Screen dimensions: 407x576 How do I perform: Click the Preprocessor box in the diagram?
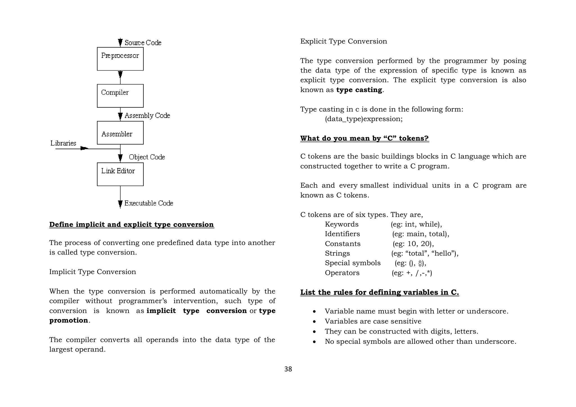(x=120, y=59)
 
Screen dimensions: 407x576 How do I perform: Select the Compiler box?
(x=120, y=96)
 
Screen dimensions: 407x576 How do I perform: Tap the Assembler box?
(x=120, y=133)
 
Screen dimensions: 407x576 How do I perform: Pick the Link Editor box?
(x=120, y=174)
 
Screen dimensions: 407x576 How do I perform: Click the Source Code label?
(x=143, y=43)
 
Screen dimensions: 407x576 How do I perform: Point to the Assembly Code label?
(x=147, y=116)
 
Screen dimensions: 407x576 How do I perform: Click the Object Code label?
(x=147, y=157)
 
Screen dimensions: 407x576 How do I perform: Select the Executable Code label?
(x=148, y=203)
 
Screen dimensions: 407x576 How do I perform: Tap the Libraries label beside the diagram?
(x=63, y=143)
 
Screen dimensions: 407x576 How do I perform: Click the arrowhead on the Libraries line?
(x=84, y=148)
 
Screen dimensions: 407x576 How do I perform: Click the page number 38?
(x=288, y=369)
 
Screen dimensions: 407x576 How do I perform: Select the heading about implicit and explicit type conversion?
(x=131, y=225)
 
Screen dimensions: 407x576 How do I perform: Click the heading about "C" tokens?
(x=364, y=138)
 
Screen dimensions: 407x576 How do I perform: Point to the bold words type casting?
(x=359, y=90)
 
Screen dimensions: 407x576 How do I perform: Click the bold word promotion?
(x=69, y=320)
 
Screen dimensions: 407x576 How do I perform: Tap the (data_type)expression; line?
(x=364, y=119)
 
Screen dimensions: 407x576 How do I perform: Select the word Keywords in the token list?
(x=341, y=224)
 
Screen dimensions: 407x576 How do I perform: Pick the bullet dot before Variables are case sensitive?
(x=314, y=322)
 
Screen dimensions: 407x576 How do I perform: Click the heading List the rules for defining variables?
(x=379, y=292)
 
